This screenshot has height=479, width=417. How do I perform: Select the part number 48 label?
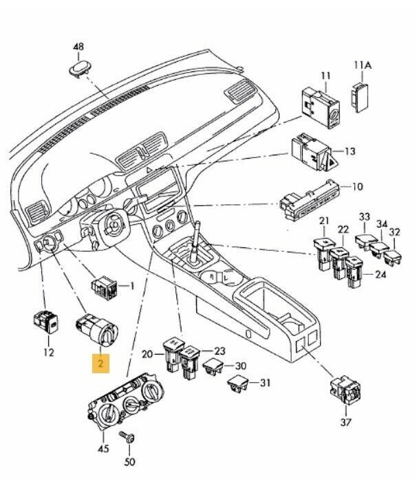(79, 47)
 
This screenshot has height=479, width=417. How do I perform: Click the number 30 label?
(240, 366)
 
